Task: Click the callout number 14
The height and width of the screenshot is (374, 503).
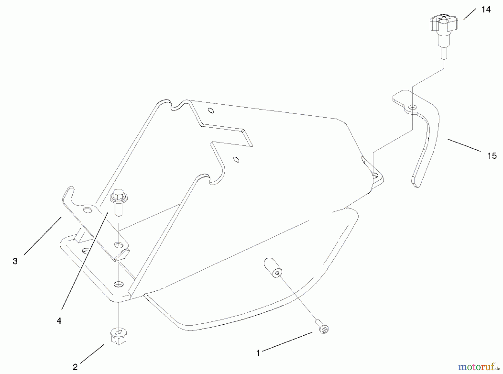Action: (486, 10)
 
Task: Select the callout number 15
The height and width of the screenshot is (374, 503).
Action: (492, 156)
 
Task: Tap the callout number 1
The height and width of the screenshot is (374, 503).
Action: (258, 353)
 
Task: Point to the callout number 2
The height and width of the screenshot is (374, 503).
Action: (75, 367)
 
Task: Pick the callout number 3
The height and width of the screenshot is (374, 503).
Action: (15, 261)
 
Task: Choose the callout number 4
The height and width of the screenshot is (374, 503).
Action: (59, 321)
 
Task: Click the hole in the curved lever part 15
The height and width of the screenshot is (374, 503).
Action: (412, 107)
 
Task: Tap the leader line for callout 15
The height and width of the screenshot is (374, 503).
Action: (464, 145)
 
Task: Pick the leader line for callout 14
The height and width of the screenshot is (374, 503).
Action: (469, 14)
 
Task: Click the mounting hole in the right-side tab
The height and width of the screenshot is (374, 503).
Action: (375, 176)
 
